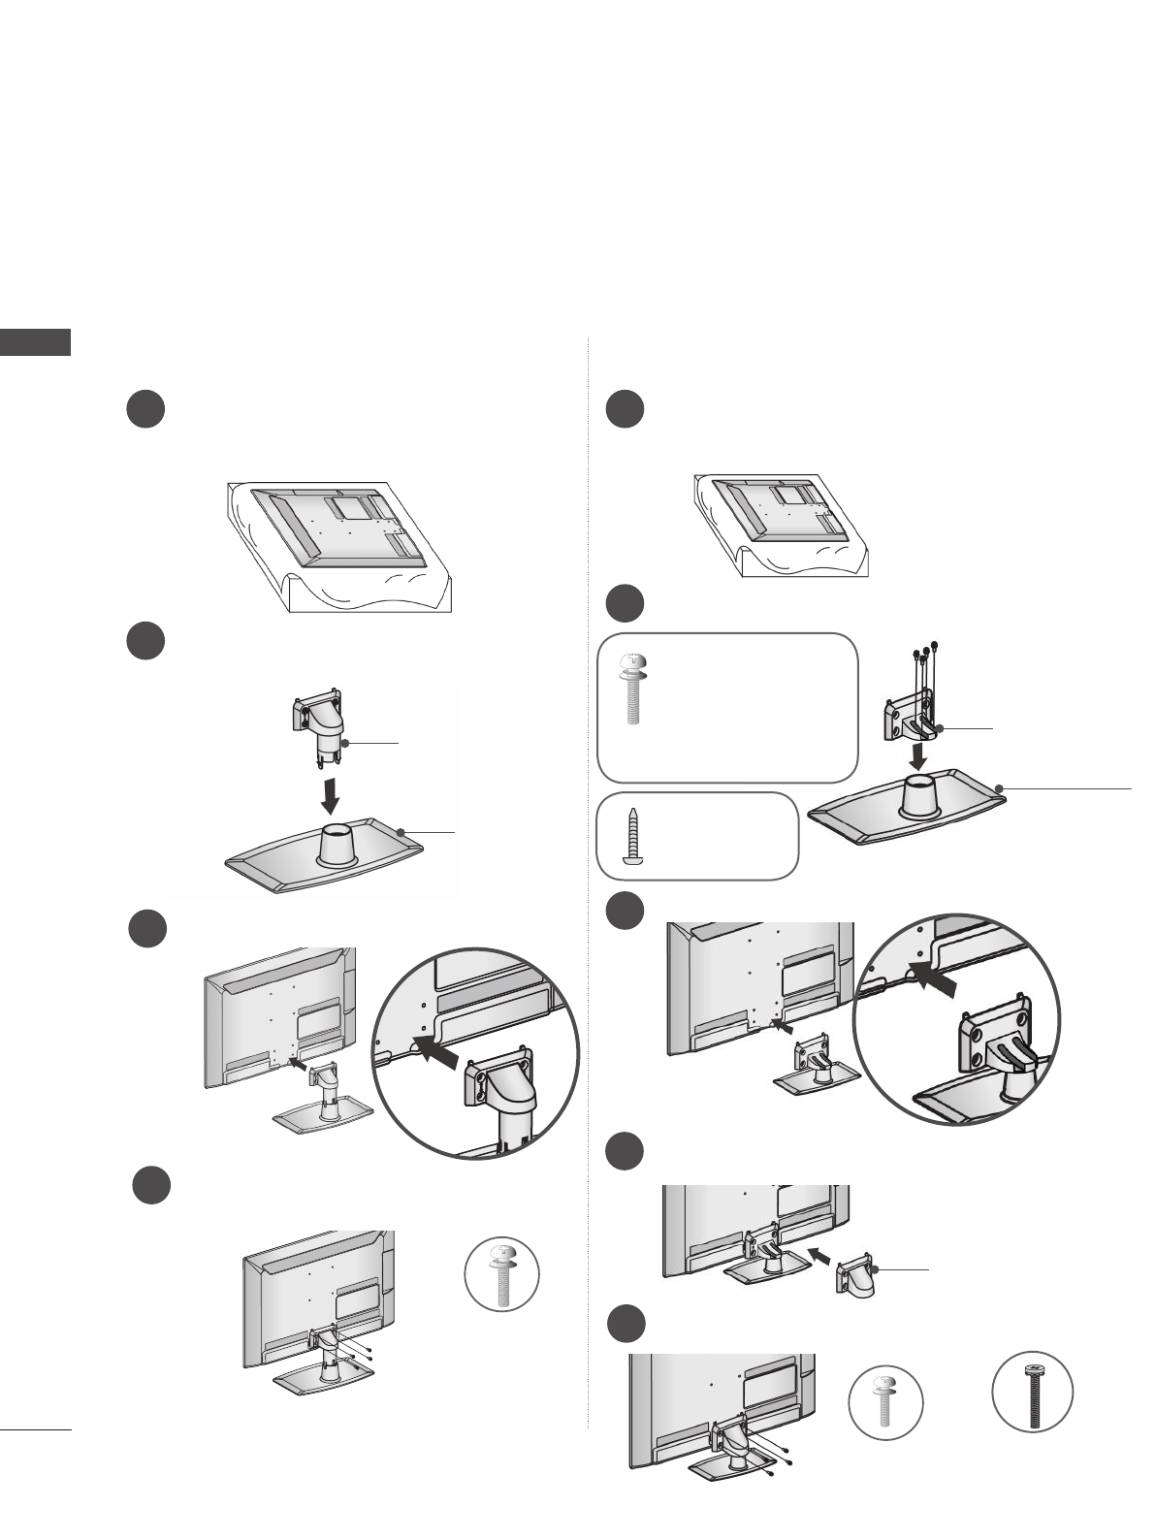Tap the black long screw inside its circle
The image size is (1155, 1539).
click(1032, 1393)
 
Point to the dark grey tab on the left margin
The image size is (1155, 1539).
click(35, 342)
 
